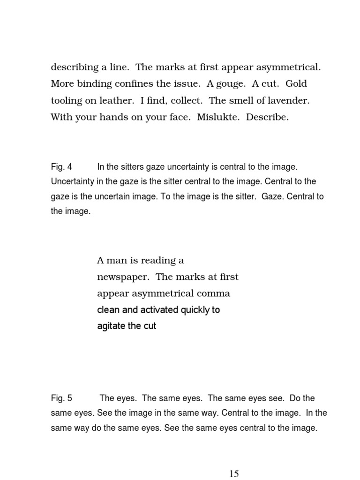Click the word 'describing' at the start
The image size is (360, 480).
[75, 67]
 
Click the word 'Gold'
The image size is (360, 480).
[296, 84]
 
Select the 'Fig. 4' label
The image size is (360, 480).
[61, 167]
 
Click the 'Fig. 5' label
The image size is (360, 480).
[61, 398]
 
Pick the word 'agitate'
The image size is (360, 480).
[111, 326]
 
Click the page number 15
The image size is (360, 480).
[234, 473]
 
